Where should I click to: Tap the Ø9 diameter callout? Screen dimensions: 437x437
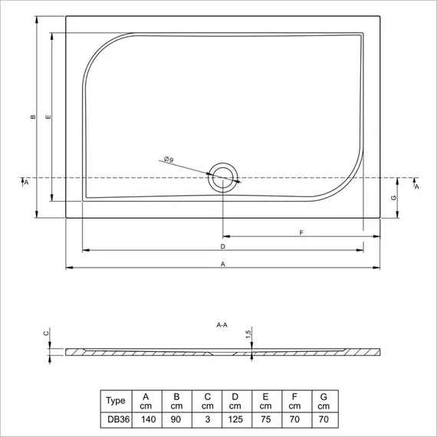pos(169,159)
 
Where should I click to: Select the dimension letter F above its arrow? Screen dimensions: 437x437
pos(301,232)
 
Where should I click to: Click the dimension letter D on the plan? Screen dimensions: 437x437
pos(222,247)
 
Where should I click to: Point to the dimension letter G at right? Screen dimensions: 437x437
pos(394,198)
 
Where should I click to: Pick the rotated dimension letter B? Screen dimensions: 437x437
pos(33,117)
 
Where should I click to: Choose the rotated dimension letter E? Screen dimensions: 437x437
pos(48,117)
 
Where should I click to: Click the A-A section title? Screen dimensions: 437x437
pos(222,325)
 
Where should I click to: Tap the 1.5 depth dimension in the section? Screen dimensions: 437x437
pos(248,333)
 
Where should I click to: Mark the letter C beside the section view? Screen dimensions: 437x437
pos(46,333)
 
